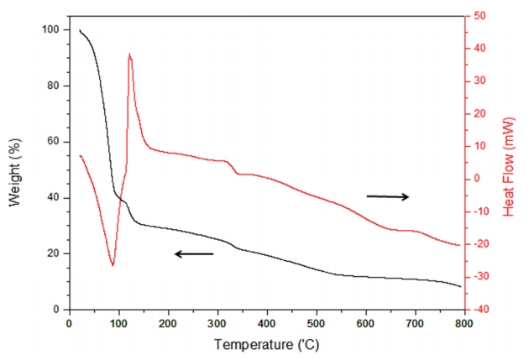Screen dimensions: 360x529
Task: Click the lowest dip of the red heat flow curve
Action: (x=113, y=265)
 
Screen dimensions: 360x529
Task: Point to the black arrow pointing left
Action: (x=193, y=253)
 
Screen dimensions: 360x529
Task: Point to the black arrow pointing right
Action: (x=388, y=196)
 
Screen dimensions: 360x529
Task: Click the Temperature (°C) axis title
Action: (x=266, y=344)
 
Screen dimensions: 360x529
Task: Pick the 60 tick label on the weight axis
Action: (x=51, y=142)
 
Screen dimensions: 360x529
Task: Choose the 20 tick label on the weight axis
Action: (x=51, y=253)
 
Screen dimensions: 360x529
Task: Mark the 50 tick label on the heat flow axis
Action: (x=482, y=16)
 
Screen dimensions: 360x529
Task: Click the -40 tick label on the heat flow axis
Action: (x=483, y=310)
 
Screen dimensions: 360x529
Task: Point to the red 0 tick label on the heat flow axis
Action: (x=479, y=179)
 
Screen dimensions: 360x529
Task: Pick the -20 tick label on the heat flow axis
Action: (x=483, y=244)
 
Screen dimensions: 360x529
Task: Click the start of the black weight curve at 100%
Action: (x=80, y=31)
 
